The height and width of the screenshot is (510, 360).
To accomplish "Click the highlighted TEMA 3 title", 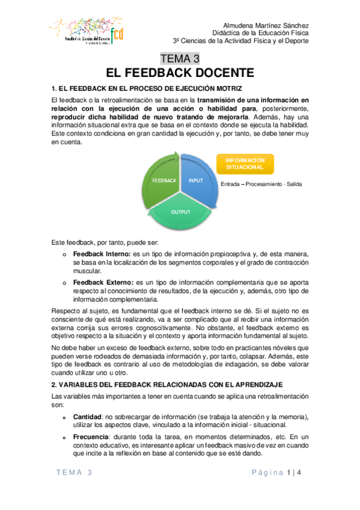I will tap(180, 58).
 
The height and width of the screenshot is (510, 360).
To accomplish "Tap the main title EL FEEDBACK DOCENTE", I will tap(180, 73).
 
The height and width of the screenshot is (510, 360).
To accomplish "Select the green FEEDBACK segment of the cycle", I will tap(163, 180).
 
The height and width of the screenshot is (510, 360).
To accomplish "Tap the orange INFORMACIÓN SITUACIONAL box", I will tap(245, 164).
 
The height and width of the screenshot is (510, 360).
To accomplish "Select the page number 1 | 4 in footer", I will tap(294, 473).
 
